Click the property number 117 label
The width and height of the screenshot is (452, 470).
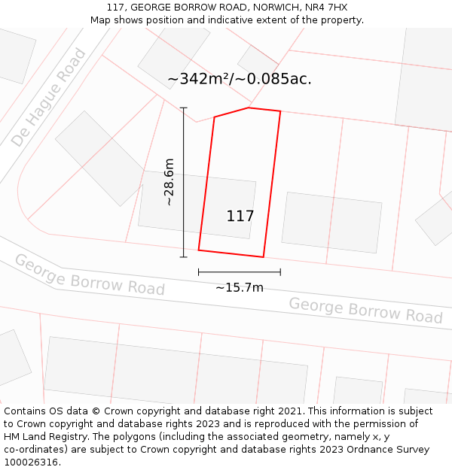240,217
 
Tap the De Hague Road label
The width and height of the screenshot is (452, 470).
49,98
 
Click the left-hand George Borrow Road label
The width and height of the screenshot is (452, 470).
90,275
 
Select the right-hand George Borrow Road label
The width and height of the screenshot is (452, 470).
365,310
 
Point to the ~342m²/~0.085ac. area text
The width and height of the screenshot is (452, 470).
240,79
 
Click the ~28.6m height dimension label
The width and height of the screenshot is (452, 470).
169,182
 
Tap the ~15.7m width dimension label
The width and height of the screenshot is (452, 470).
240,287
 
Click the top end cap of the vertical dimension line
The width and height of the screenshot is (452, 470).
183,108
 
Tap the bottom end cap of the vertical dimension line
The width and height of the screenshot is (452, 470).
183,257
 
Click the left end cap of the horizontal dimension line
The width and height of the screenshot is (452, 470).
199,271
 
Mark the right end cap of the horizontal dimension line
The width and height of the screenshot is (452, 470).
280,271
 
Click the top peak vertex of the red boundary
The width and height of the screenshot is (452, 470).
249,108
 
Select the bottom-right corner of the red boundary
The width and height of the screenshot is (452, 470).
264,257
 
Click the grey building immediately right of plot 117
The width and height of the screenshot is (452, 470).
331,223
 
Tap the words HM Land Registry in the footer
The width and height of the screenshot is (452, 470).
39,437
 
